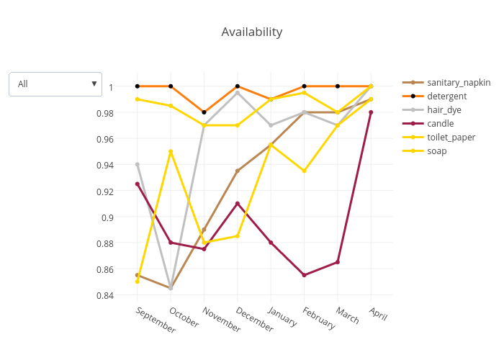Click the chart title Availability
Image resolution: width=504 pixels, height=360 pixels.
[x=251, y=32]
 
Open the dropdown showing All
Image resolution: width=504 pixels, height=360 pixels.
[x=55, y=84]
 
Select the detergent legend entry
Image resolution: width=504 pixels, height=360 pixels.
[x=446, y=96]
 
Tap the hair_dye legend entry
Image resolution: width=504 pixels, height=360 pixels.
[x=444, y=110]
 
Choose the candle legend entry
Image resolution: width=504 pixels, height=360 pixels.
[x=440, y=124]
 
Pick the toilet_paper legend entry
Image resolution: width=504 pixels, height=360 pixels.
[x=451, y=137]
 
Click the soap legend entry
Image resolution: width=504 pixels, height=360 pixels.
[x=437, y=150]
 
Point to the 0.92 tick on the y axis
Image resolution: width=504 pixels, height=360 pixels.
[x=105, y=192]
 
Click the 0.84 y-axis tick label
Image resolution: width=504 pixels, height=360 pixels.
[x=105, y=295]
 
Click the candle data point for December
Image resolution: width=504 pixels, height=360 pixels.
[x=238, y=204]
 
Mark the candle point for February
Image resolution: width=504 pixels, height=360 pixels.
[x=305, y=275]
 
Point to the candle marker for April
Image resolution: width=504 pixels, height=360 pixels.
[x=371, y=112]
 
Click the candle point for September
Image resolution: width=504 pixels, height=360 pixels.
[x=138, y=184]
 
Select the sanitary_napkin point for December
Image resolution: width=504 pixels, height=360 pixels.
[x=238, y=171]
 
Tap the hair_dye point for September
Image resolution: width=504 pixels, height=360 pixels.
[x=138, y=164]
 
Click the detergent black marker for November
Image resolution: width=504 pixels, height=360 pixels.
[x=204, y=112]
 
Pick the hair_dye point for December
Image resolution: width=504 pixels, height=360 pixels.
[x=238, y=93]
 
